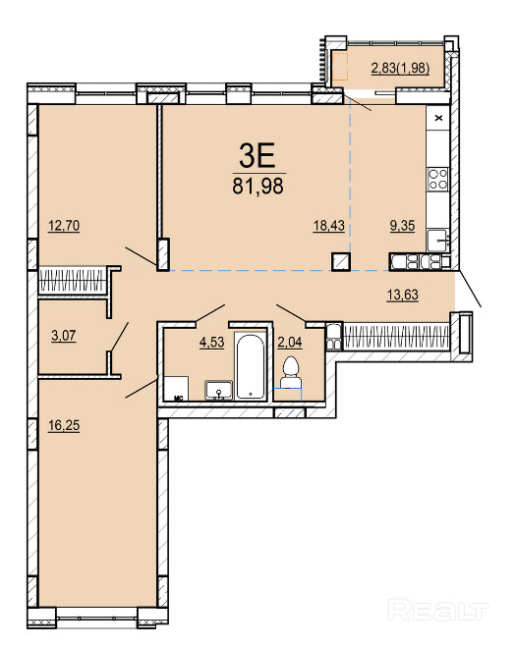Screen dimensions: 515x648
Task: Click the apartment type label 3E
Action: [x=257, y=155]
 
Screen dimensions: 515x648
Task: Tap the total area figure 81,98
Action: [x=258, y=186]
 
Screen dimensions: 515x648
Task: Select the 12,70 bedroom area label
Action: [x=64, y=226]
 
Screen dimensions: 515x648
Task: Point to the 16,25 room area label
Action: [x=64, y=425]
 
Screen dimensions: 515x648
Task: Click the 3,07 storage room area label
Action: [x=64, y=335]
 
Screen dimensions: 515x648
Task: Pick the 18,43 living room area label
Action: [x=329, y=226]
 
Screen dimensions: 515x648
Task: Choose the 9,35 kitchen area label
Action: [x=403, y=226]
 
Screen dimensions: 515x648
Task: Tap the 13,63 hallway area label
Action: [x=403, y=295]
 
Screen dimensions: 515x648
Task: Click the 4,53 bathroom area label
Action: [x=211, y=342]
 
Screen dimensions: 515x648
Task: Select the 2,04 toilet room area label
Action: [x=290, y=342]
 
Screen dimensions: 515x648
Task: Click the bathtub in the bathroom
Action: [x=251, y=366]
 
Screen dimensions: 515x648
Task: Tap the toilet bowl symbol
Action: [x=290, y=372]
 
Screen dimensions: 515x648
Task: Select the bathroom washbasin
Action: [x=219, y=390]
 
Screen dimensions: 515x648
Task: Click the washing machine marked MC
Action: [x=176, y=389]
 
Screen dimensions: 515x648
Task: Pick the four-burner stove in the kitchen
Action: [x=437, y=180]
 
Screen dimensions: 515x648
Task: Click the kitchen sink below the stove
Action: [x=437, y=240]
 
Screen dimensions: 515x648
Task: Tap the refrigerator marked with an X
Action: [x=438, y=118]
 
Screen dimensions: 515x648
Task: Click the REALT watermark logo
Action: [x=438, y=611]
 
